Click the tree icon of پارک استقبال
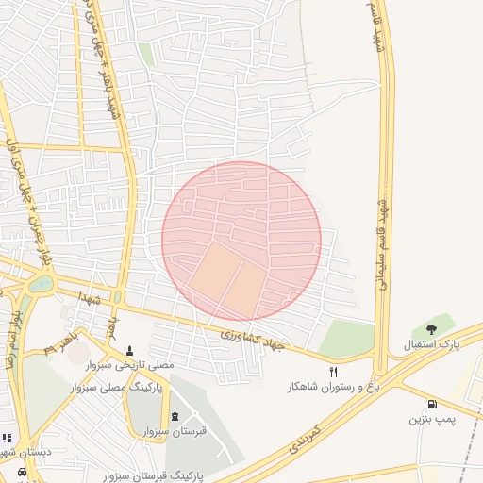tap(432, 329)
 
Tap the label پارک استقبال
tap(432, 345)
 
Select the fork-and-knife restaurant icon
tap(333, 373)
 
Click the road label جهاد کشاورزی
tap(253, 340)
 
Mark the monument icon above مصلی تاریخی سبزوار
tap(129, 350)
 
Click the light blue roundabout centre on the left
tap(42, 283)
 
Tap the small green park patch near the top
tap(146, 54)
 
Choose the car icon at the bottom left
tap(24, 472)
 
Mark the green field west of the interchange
tap(346, 339)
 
